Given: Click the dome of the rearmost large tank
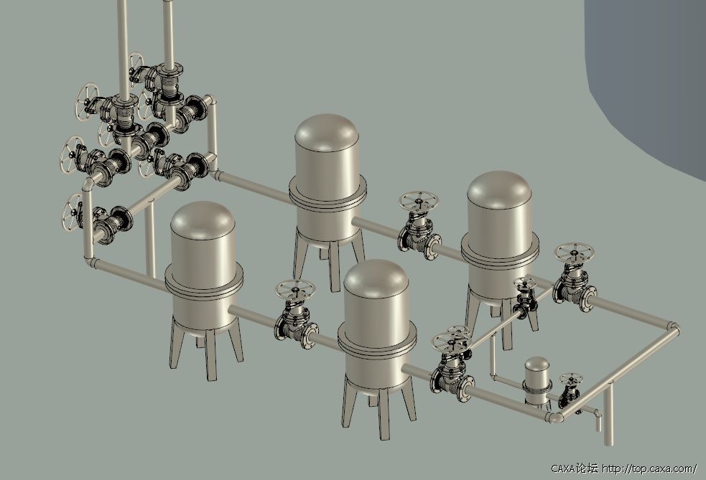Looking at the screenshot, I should pyautogui.click(x=327, y=133).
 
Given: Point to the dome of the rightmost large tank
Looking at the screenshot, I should pyautogui.click(x=500, y=190).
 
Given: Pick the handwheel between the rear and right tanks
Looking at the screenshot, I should pyautogui.click(x=419, y=200).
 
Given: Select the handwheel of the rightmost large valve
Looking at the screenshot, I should pyautogui.click(x=574, y=253).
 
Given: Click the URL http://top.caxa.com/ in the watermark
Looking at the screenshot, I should pyautogui.click(x=650, y=469).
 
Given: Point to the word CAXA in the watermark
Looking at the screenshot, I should pyautogui.click(x=565, y=469).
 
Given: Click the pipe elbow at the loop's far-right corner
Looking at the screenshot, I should pyautogui.click(x=674, y=328).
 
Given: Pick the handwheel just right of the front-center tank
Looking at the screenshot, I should pyautogui.click(x=452, y=337).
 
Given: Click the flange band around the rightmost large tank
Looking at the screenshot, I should pyautogui.click(x=500, y=250).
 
